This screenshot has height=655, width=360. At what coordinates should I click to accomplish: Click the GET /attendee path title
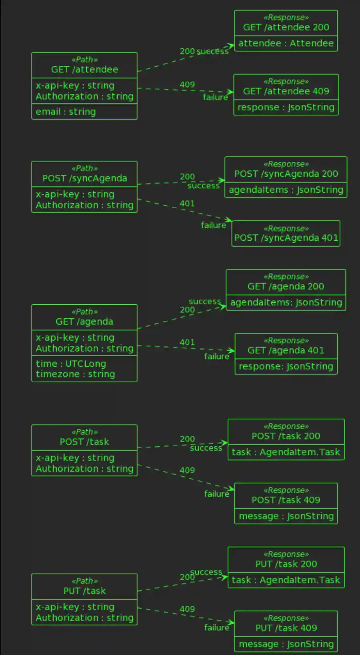tap(84, 70)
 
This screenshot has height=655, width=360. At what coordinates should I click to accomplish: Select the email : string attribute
tap(66, 112)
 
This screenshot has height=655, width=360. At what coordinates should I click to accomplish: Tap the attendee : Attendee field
tap(286, 43)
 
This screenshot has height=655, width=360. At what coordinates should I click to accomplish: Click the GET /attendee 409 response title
tap(286, 91)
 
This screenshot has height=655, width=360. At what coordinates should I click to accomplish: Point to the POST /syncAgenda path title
tap(84, 178)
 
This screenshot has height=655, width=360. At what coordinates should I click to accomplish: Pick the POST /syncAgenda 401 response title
tap(286, 238)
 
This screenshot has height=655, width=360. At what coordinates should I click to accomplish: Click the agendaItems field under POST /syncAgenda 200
tap(286, 190)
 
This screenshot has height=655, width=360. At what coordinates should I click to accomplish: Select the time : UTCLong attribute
tap(71, 364)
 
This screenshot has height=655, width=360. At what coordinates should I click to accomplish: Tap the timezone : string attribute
tap(75, 374)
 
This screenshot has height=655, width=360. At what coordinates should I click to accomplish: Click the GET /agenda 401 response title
tap(286, 350)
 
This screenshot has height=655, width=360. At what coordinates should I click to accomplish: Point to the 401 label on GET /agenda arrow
tap(187, 342)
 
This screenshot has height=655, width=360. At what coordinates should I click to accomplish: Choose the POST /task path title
tap(84, 442)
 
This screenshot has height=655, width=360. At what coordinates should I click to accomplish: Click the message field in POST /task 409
tap(286, 516)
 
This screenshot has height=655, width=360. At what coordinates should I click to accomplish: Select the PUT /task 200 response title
tap(286, 564)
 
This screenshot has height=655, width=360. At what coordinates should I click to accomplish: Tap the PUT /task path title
tap(84, 591)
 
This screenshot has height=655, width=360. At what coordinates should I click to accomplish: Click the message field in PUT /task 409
tap(286, 644)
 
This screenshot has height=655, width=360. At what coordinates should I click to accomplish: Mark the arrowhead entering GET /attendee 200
tap(231, 46)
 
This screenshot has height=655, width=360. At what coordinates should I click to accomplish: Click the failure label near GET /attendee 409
tap(215, 98)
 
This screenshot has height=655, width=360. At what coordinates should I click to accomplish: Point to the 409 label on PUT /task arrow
tap(187, 609)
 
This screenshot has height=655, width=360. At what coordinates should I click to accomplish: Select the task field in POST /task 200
tap(286, 452)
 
